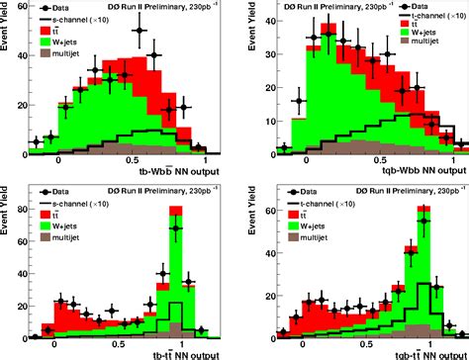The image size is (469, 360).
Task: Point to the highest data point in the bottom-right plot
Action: pos(423,209)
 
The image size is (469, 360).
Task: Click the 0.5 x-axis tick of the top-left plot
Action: pos(132,161)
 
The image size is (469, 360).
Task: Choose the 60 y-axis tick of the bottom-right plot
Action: pos(260,208)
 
